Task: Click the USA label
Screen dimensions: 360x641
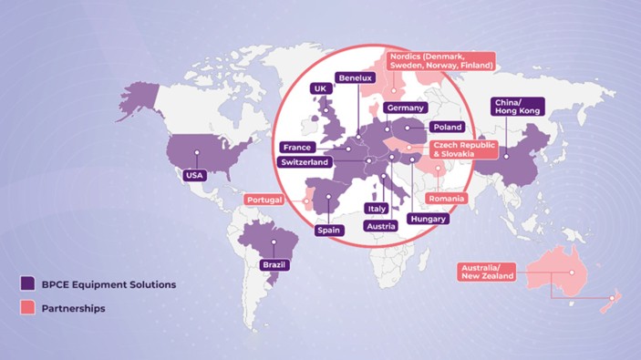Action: (194, 175)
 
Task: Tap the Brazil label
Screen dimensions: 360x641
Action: (274, 264)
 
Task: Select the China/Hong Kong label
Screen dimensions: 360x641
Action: (517, 106)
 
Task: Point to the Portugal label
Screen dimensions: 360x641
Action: (264, 200)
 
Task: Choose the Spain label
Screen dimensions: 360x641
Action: (328, 230)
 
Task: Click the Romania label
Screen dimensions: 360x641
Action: (447, 198)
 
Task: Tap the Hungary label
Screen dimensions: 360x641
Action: (428, 220)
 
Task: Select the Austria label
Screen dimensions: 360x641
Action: (380, 225)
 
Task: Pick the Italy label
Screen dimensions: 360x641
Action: (376, 209)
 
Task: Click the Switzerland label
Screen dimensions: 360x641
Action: (305, 162)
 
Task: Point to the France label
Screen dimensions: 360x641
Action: (297, 147)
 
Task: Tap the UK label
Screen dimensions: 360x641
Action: (319, 88)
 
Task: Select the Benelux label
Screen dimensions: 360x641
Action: (355, 78)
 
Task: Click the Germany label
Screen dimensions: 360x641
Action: (405, 108)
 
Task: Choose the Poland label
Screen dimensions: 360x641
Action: (448, 128)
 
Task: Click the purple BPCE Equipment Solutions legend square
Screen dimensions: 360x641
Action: (28, 284)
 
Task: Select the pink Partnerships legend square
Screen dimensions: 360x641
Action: (28, 308)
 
